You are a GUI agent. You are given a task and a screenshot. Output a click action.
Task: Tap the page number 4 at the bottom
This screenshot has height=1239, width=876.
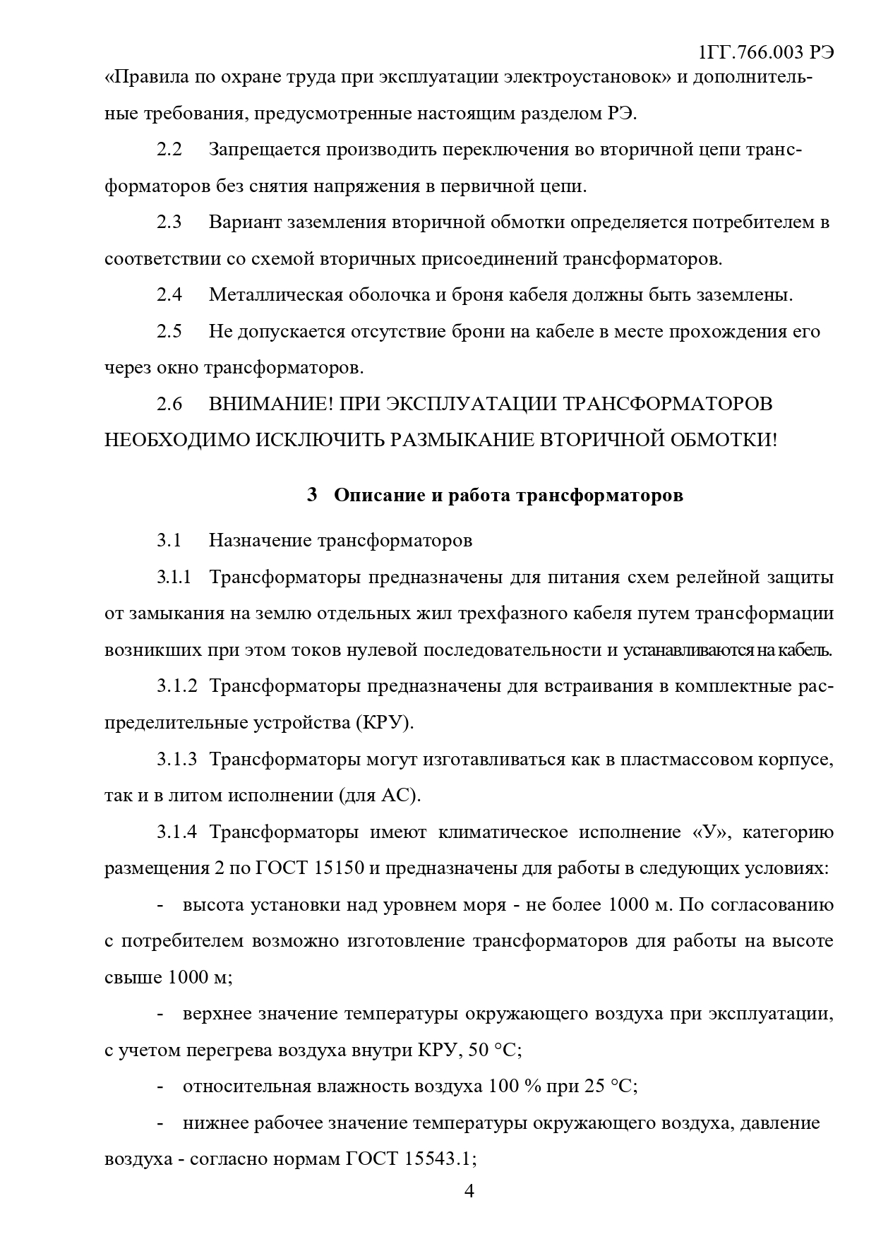469,1192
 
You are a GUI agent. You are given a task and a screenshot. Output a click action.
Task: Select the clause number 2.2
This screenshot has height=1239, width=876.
169,150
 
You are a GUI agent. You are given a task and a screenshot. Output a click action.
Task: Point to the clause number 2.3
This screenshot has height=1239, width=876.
169,222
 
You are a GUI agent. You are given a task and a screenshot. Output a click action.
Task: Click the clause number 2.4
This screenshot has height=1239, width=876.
169,295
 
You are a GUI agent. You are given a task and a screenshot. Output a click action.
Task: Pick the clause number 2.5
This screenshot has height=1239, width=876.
169,331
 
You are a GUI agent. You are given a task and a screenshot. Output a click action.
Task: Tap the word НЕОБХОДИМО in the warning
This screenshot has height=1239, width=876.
176,441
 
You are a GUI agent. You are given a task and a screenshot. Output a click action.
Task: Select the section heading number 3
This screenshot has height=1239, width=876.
312,496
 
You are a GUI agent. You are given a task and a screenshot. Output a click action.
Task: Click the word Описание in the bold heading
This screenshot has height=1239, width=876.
379,496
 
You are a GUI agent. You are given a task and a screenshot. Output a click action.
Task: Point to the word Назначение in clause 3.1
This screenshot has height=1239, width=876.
260,541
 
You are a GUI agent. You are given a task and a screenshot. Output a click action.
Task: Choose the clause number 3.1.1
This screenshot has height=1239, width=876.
174,577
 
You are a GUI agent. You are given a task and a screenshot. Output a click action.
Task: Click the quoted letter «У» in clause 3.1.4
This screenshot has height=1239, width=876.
710,832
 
